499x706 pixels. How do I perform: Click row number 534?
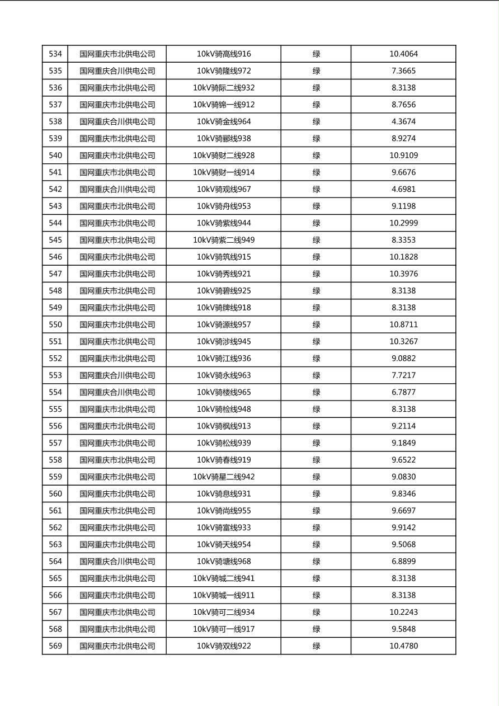tap(55, 54)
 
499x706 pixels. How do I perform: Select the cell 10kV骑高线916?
tap(224, 54)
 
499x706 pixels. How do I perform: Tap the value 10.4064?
tap(403, 54)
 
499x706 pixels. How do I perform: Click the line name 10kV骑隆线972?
tap(224, 71)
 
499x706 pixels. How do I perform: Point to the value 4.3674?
tap(403, 121)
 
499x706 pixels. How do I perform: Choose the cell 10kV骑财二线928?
tap(224, 156)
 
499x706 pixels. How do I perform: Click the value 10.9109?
tap(403, 156)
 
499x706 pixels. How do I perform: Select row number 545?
tap(55, 240)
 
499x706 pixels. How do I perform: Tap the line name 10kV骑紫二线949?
tap(224, 240)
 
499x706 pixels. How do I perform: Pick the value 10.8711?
tap(403, 324)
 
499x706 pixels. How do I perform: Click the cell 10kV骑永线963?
tap(224, 375)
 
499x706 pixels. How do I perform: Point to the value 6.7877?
tap(403, 392)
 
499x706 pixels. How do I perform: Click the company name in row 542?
tap(117, 189)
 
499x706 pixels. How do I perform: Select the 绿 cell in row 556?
tap(316, 426)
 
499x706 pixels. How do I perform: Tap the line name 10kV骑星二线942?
tap(224, 477)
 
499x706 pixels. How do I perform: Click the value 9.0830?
tap(403, 477)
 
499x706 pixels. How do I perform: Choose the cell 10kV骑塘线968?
tap(224, 561)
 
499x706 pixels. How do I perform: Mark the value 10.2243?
tap(403, 612)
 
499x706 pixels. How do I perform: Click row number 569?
tap(55, 646)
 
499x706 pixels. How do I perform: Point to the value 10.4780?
tap(403, 646)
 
